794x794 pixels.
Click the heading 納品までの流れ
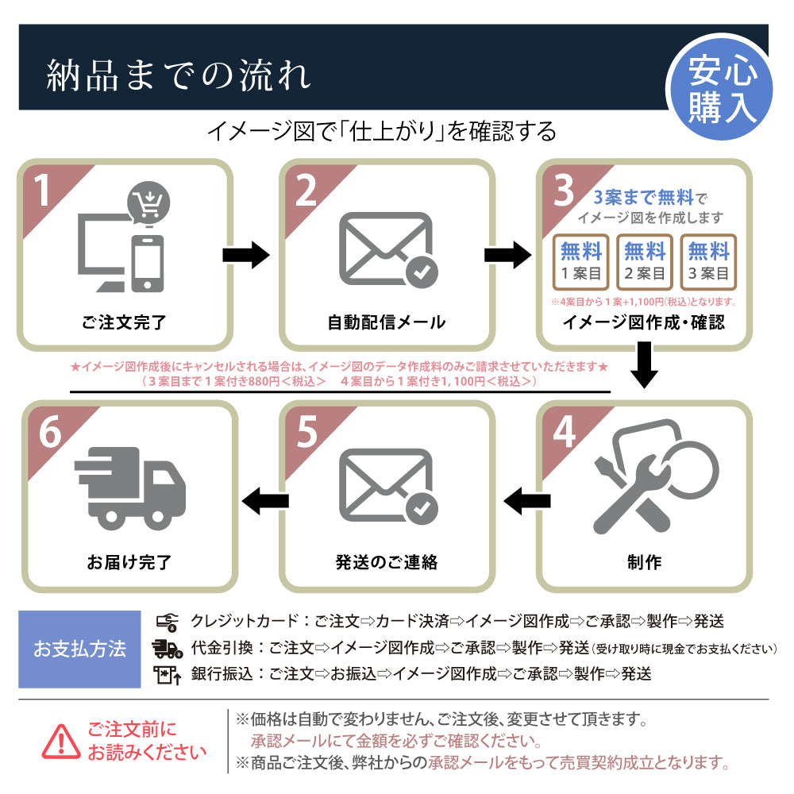click(x=179, y=75)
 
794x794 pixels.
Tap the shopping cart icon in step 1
click(x=146, y=204)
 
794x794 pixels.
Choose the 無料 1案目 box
click(x=580, y=262)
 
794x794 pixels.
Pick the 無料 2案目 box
click(x=644, y=262)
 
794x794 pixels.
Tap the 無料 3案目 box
click(x=707, y=262)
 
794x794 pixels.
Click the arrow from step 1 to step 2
click(x=246, y=255)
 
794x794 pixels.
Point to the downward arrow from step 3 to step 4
click(x=644, y=364)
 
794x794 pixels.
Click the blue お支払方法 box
click(x=79, y=649)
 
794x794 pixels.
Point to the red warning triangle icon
click(x=62, y=742)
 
